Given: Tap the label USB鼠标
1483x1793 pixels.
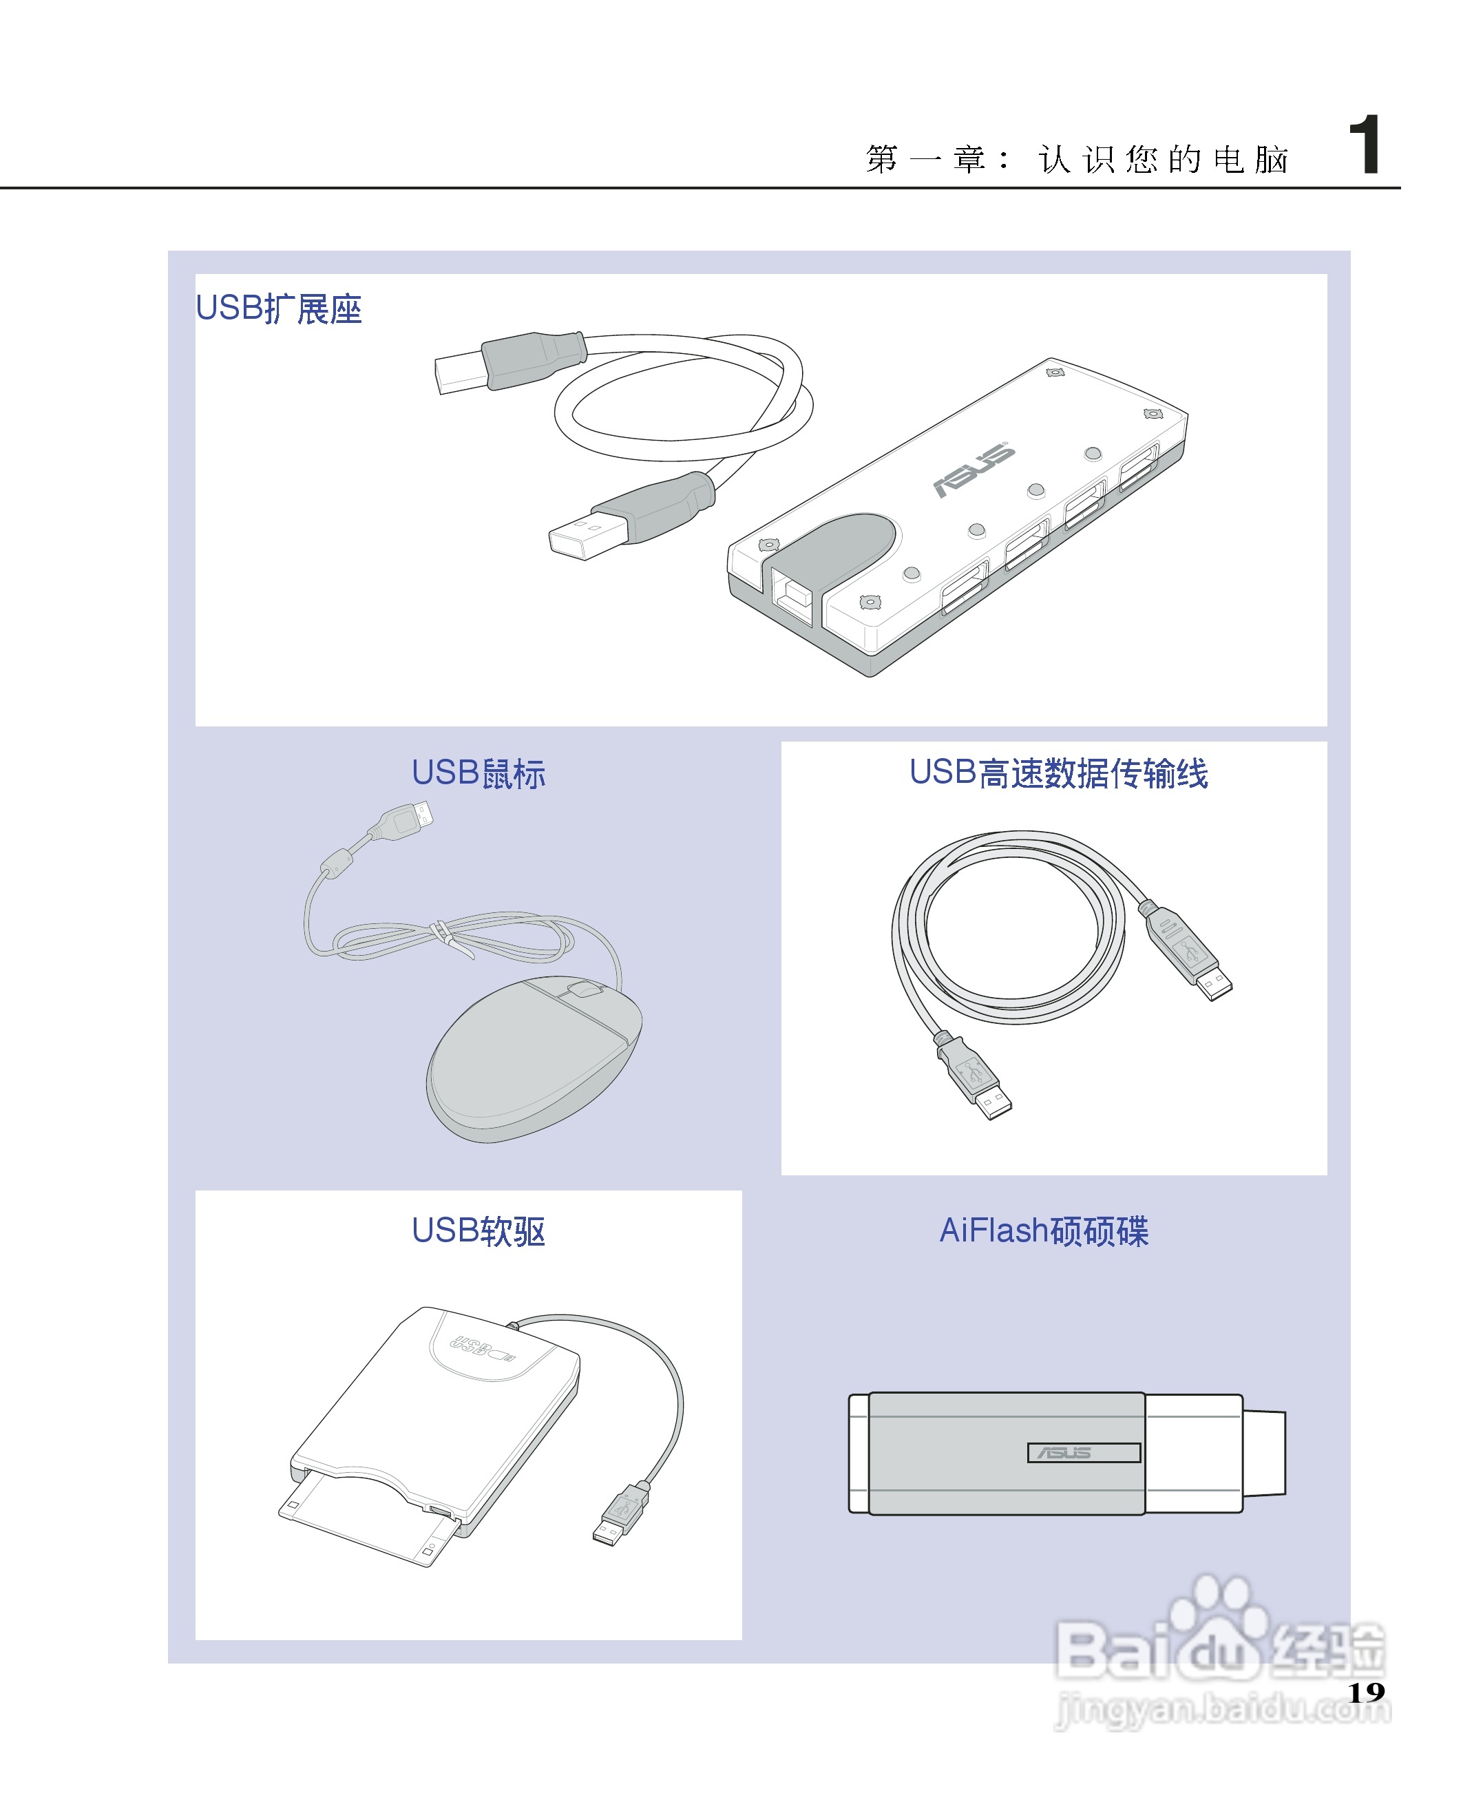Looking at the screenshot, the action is click(x=477, y=773).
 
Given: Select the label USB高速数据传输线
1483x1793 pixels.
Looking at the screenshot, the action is click(x=1058, y=773).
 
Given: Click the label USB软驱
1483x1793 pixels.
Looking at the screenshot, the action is click(x=477, y=1230).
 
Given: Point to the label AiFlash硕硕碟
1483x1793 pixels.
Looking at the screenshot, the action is click(x=1043, y=1230).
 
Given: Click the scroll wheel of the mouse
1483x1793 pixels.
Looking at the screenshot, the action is click(x=585, y=989).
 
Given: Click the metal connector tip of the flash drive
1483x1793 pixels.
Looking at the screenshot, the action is click(x=1263, y=1452).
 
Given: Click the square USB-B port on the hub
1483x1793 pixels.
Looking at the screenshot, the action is click(x=790, y=595).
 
